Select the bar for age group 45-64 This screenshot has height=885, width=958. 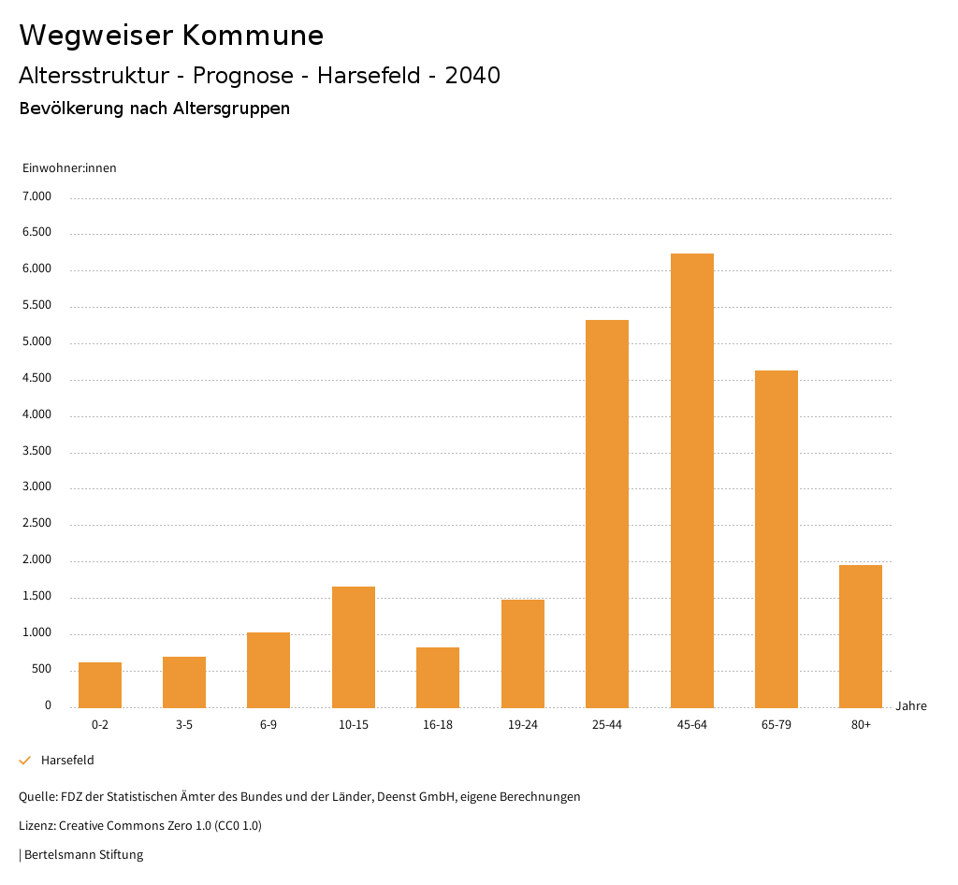(x=691, y=480)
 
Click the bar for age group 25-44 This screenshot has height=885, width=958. (x=607, y=514)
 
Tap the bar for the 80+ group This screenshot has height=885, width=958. (x=861, y=636)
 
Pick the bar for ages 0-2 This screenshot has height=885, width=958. (x=100, y=685)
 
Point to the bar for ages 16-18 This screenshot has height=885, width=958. (x=438, y=677)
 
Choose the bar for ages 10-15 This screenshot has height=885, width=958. (x=354, y=646)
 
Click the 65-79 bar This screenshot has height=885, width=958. (x=777, y=539)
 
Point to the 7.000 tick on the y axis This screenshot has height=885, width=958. (x=37, y=196)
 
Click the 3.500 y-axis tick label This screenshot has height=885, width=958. (x=37, y=451)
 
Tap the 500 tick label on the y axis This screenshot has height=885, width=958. (x=41, y=670)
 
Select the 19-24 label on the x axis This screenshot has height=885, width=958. (x=523, y=725)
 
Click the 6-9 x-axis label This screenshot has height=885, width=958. (x=269, y=725)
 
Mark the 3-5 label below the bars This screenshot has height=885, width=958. (x=184, y=725)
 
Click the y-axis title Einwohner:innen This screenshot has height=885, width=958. (x=69, y=168)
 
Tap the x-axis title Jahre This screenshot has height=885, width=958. (x=911, y=706)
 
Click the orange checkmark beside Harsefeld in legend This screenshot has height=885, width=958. (x=25, y=761)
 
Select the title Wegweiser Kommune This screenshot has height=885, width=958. (x=171, y=36)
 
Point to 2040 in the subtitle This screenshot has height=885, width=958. (x=472, y=76)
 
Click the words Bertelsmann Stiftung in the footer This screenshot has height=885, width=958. (x=83, y=854)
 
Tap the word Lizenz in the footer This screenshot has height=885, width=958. (x=36, y=826)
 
